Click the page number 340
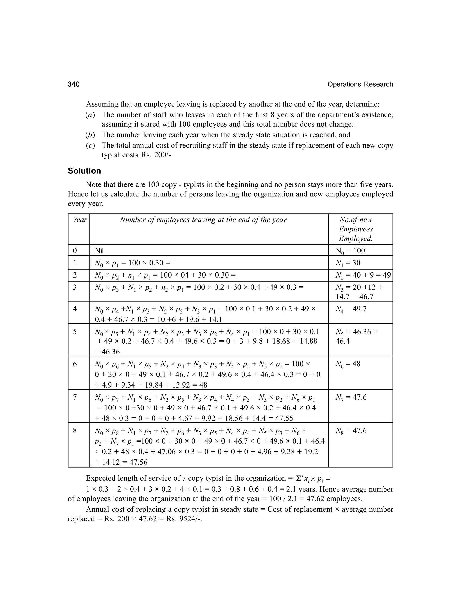(x=74, y=84)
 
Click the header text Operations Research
(x=360, y=84)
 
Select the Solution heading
(x=84, y=171)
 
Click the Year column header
(x=79, y=220)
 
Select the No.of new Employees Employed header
(x=356, y=229)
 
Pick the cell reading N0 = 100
(x=350, y=251)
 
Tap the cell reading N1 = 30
(x=348, y=263)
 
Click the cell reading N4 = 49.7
(x=351, y=309)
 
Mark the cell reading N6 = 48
(x=348, y=364)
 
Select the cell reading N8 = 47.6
(x=351, y=431)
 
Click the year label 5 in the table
(x=75, y=332)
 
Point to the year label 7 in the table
(x=75, y=397)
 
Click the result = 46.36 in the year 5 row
(x=108, y=352)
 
